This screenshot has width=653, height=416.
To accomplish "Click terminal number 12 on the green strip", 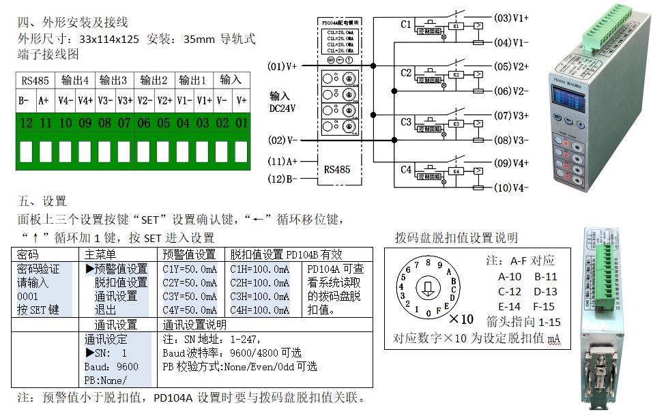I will tap(27, 123).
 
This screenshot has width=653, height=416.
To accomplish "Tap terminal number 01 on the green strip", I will tap(242, 123).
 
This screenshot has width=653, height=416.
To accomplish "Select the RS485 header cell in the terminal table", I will tap(35, 80).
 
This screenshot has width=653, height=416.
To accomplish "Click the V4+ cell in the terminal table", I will tap(85, 100).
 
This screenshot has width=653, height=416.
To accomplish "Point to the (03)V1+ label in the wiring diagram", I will tap(511, 17).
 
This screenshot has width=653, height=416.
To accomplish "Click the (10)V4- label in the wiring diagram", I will tap(511, 188).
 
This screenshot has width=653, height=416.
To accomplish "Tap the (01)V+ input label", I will tap(282, 67).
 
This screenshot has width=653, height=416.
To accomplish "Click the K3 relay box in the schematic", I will tap(455, 125).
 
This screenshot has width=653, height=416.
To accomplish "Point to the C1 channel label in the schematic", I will tap(406, 25).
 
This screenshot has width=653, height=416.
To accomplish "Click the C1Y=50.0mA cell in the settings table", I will tap(190, 269).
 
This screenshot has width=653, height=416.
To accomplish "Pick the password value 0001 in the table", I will tap(28, 297).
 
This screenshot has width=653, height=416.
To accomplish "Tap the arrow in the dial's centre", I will tap(428, 288).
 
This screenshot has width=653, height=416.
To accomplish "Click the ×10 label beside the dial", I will tap(462, 318).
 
